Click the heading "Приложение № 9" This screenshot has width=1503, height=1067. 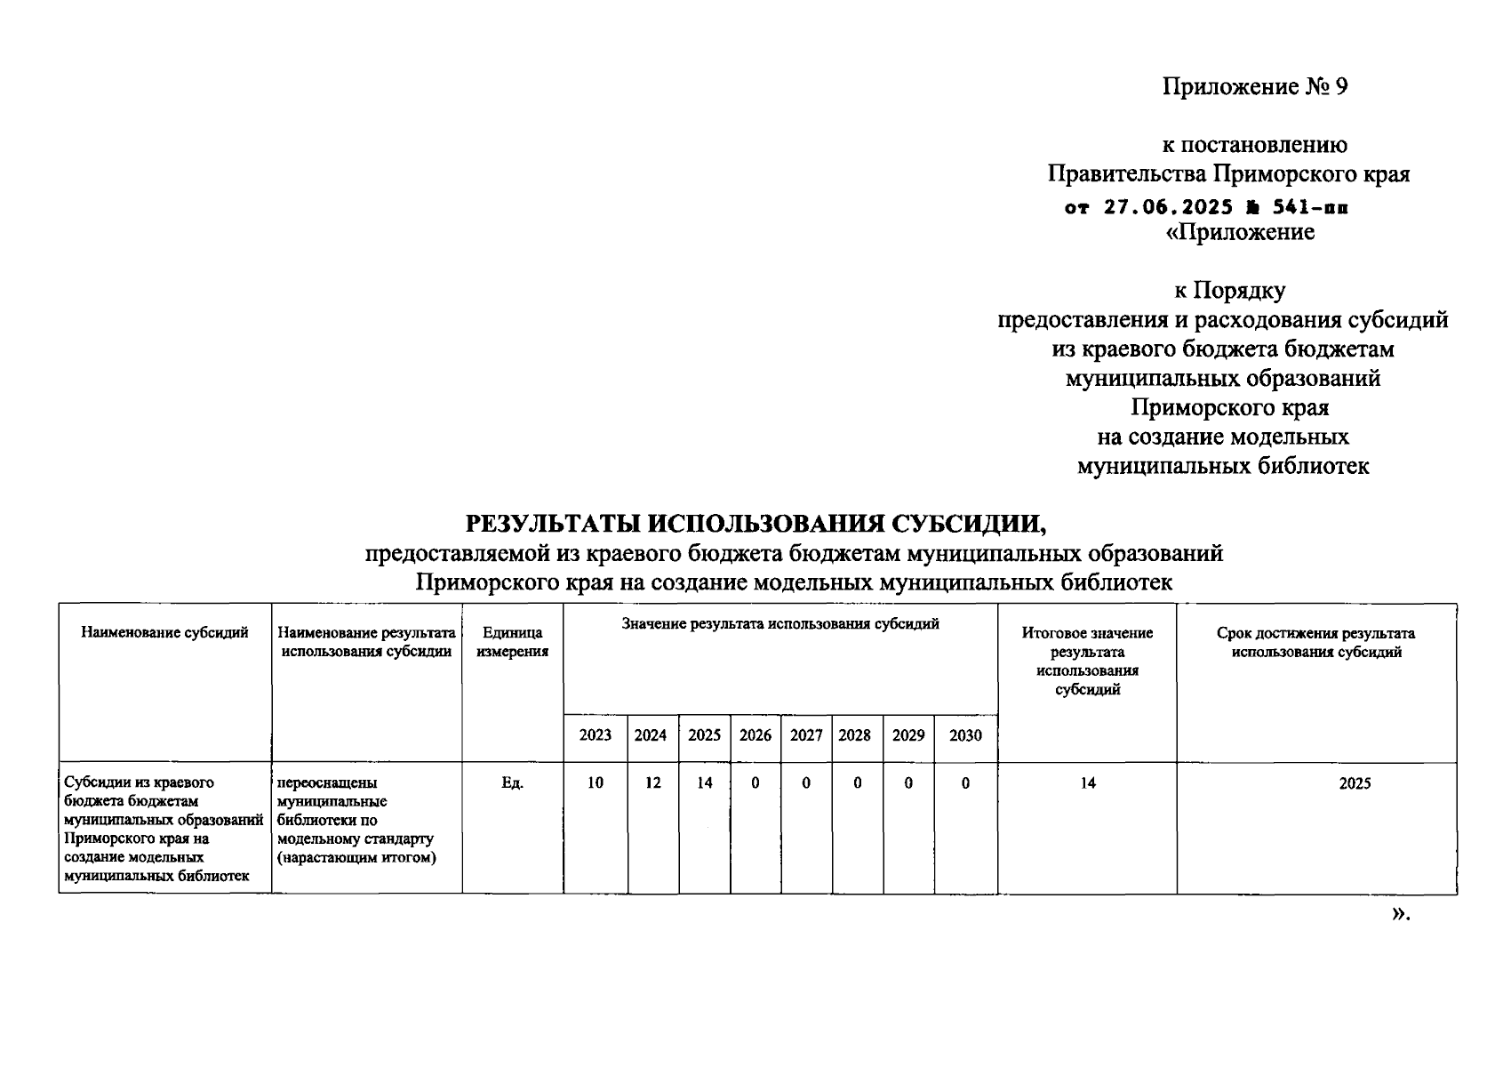pyautogui.click(x=1255, y=87)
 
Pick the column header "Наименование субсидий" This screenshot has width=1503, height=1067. pyautogui.click(x=164, y=633)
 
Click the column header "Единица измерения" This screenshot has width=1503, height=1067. pyautogui.click(x=512, y=642)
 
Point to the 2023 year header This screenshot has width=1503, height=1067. pyautogui.click(x=595, y=735)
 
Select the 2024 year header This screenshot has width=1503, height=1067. pyautogui.click(x=651, y=735)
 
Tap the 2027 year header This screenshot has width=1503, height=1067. pyautogui.click(x=805, y=735)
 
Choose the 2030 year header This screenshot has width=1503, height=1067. pyautogui.click(x=965, y=735)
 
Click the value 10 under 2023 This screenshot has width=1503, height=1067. pyautogui.click(x=595, y=783)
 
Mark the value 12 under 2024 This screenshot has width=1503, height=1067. pyautogui.click(x=652, y=783)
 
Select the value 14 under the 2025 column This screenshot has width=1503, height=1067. pyautogui.click(x=704, y=783)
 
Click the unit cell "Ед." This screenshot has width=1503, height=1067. pyautogui.click(x=512, y=783)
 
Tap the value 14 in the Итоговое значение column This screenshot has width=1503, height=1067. pyautogui.click(x=1087, y=783)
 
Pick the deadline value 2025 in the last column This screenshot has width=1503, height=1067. pyautogui.click(x=1355, y=783)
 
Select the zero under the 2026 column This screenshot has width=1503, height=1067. pyautogui.click(x=755, y=783)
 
